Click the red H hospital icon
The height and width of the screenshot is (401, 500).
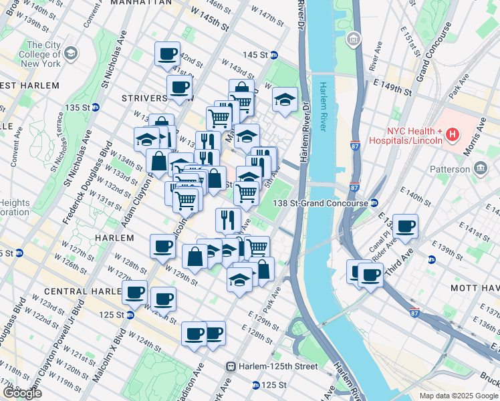coord(453,135)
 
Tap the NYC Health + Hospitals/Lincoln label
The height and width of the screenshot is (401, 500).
coord(414,136)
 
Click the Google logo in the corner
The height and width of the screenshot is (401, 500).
coord(22,393)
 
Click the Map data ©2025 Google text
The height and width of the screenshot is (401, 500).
coord(459,396)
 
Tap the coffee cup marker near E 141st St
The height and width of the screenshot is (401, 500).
coord(405,225)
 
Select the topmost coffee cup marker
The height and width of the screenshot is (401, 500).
coord(167,53)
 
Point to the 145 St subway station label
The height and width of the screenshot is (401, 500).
coord(255,54)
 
